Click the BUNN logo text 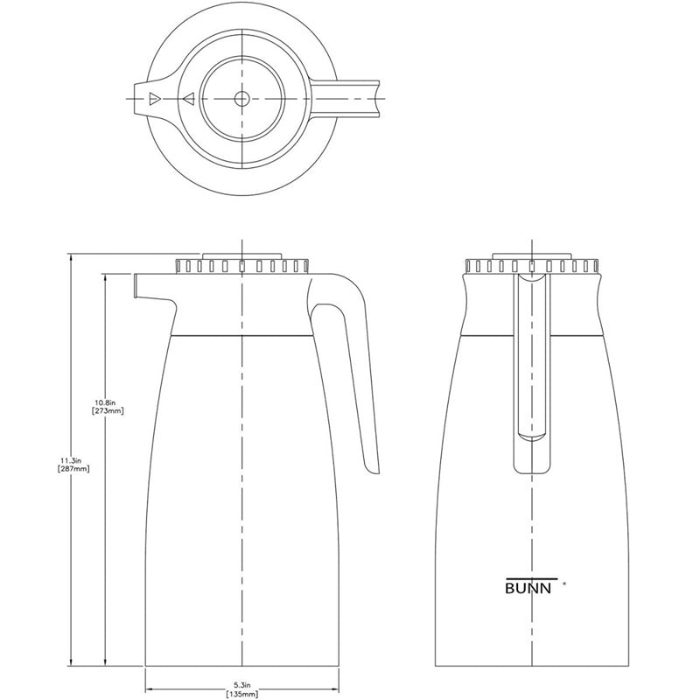528,587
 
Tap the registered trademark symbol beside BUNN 564,582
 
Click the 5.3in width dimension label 242,683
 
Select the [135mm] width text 242,693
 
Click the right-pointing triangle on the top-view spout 154,99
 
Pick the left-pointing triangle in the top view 187,99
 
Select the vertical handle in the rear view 532,367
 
